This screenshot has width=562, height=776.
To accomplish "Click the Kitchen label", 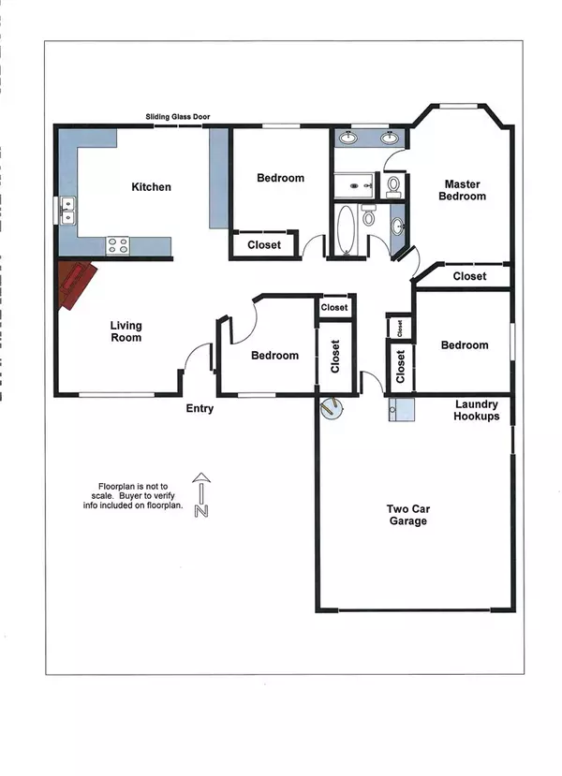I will (x=151, y=187).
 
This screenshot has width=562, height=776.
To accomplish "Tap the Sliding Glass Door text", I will (x=177, y=117).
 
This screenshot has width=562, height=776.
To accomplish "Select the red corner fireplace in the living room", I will (x=77, y=284).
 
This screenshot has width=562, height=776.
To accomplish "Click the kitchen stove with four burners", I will (x=118, y=245).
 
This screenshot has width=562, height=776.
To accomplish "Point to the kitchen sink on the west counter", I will (x=67, y=212).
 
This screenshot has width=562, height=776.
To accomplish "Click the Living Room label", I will (x=126, y=331).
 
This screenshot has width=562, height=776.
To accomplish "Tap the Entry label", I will (x=200, y=408).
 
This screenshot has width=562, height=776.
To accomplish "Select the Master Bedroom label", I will (x=463, y=190).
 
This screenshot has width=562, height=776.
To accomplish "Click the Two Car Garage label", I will (x=408, y=515).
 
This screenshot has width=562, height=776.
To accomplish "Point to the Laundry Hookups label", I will (x=477, y=410).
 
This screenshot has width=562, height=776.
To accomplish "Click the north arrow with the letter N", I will (x=200, y=497).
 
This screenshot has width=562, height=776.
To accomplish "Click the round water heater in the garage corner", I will (x=333, y=407).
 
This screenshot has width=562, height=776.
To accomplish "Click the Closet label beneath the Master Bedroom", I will (x=469, y=276).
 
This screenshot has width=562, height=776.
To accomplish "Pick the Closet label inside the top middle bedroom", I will (x=264, y=245).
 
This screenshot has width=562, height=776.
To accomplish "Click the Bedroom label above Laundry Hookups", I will (x=465, y=345).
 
